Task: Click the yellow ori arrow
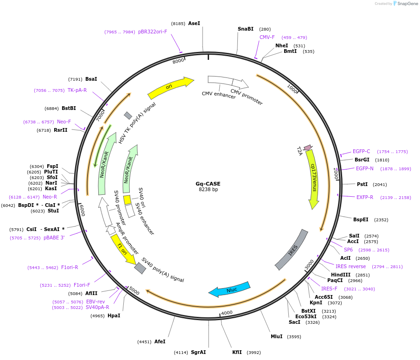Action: [170, 88]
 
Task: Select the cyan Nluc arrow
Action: [229, 289]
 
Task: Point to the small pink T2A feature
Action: [307, 148]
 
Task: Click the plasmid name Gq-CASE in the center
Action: [208, 183]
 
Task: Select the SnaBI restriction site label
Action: [246, 29]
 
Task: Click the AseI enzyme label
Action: [194, 23]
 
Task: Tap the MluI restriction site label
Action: [277, 336]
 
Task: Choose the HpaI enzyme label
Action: [114, 315]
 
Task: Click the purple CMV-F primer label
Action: [267, 37]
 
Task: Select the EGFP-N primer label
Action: [364, 168]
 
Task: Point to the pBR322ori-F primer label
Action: [153, 32]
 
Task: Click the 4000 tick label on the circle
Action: [227, 313]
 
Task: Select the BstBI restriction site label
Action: [69, 108]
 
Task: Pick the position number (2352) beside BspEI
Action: [381, 220]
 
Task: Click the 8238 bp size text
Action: [208, 189]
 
